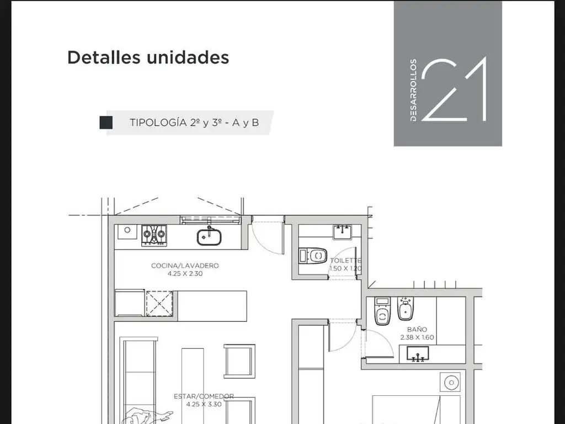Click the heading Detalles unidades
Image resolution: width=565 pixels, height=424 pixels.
pos(148,57)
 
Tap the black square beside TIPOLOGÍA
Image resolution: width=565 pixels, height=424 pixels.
pos(106,123)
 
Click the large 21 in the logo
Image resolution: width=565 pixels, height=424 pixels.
pos(454,89)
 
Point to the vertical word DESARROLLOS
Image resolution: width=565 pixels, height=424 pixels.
pos(413,90)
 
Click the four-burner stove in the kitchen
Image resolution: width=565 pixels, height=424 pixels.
pos(154,235)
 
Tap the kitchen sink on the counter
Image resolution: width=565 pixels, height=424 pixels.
pos(209,236)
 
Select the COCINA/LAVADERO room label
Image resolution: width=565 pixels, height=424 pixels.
pos(185,266)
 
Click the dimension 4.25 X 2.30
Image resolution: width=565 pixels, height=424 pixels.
pos(185,274)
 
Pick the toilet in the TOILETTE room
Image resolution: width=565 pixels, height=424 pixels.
pos(313,256)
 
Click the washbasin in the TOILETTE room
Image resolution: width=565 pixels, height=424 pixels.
pos(342,232)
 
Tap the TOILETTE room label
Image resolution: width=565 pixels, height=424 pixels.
pos(346,261)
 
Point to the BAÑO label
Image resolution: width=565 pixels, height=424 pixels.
pos(417,329)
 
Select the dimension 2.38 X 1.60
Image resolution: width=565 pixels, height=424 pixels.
pos(417,337)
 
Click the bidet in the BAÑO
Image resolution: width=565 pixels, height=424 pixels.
pos(406,309)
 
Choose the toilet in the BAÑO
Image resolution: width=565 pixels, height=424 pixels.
pos(383,311)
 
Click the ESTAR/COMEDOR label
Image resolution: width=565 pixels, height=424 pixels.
pos(204,396)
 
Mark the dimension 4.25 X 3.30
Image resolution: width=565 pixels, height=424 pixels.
pos(204,404)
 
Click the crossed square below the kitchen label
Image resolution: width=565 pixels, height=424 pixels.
pos(159,304)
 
